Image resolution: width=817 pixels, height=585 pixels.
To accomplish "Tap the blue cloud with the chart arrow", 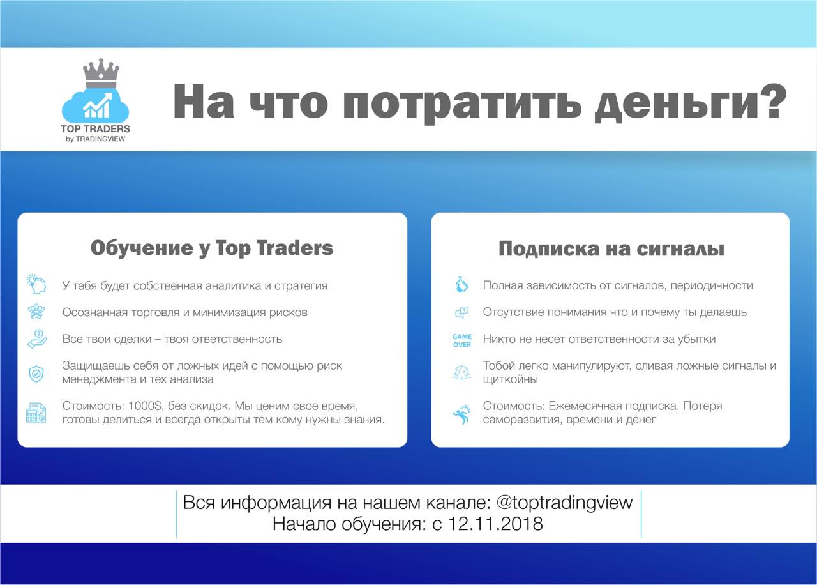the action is coord(96,105).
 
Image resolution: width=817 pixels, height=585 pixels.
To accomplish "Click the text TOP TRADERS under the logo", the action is coord(96,129).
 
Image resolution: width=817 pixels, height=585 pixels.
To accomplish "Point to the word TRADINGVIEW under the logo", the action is coord(100,139).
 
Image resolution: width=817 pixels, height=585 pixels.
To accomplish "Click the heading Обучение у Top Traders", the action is coord(211,249).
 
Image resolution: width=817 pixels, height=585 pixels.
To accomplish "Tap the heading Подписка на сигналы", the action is coord(611,249).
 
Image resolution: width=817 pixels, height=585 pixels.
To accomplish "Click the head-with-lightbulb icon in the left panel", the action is coord(36,284).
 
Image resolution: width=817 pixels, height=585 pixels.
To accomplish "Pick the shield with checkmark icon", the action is coord(36,374).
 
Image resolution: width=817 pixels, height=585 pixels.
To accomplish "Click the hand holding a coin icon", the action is coord(37,339).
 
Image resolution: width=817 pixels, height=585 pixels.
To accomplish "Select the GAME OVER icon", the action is coord(461,340).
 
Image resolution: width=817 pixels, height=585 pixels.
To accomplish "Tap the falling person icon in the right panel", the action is coord(461,414).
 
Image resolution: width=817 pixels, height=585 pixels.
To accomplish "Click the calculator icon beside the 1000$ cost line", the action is coord(36,413).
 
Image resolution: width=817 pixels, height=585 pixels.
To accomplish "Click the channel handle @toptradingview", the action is coord(564,503).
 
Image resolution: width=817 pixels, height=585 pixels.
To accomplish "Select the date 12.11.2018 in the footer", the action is coord(495,524).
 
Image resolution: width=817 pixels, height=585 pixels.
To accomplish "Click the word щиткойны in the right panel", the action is coord(510,379).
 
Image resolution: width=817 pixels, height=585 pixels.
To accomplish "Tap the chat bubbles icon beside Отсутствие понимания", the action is coord(461,312).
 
